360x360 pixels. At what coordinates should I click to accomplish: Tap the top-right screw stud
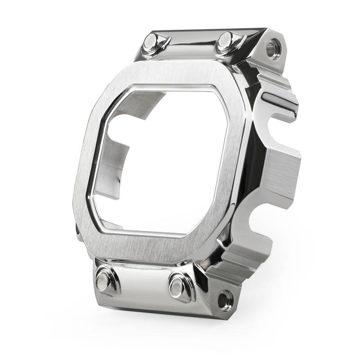(225, 42)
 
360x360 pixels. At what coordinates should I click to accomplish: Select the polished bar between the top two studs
(189, 45)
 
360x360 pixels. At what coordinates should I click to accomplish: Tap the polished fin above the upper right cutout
(279, 101)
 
